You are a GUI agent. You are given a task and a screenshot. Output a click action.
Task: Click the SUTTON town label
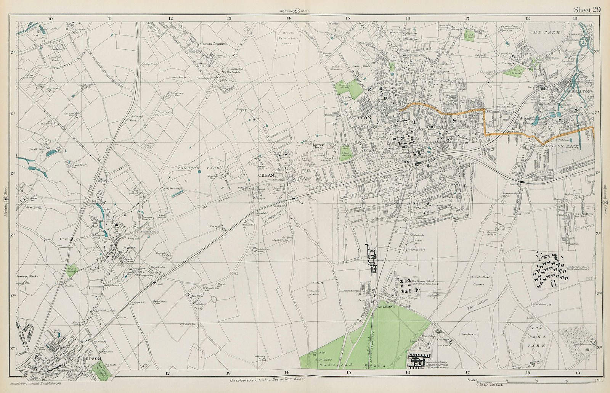(360, 118)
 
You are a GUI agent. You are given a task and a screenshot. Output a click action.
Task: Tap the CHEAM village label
(266, 176)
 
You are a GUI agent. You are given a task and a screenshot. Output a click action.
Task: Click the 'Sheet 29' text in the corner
(587, 10)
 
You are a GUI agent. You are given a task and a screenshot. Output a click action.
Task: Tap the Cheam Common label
(214, 43)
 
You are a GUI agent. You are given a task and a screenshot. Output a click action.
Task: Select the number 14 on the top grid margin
(289, 18)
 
